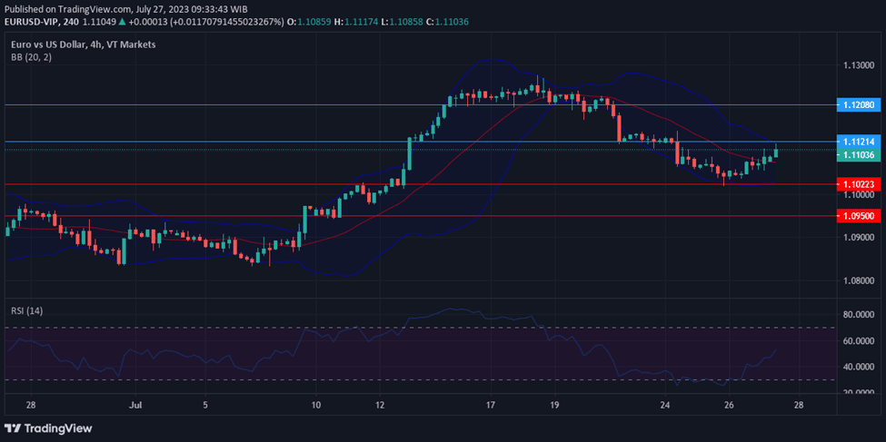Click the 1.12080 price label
pyautogui.click(x=858, y=105)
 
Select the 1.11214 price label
pyautogui.click(x=858, y=142)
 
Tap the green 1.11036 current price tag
pyautogui.click(x=858, y=155)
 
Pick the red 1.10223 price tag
pyautogui.click(x=858, y=184)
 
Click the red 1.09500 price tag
pyautogui.click(x=858, y=216)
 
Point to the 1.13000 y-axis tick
pyautogui.click(x=859, y=66)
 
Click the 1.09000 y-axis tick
pyautogui.click(x=859, y=238)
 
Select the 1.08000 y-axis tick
pyautogui.click(x=859, y=280)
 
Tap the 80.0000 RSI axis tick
pyautogui.click(x=859, y=314)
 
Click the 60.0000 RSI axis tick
pyautogui.click(x=859, y=341)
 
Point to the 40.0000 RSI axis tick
pyautogui.click(x=859, y=367)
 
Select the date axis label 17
pyautogui.click(x=491, y=404)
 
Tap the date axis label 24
pyautogui.click(x=666, y=404)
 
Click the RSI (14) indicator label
pyautogui.click(x=27, y=310)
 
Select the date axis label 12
pyautogui.click(x=379, y=404)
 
